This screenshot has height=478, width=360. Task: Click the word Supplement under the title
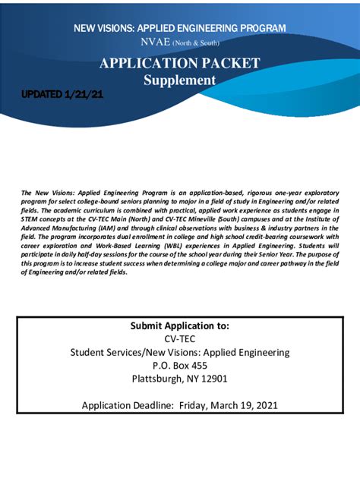tap(180, 80)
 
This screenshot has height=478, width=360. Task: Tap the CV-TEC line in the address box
tap(179, 338)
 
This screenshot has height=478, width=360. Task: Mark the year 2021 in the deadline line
tap(264, 405)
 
